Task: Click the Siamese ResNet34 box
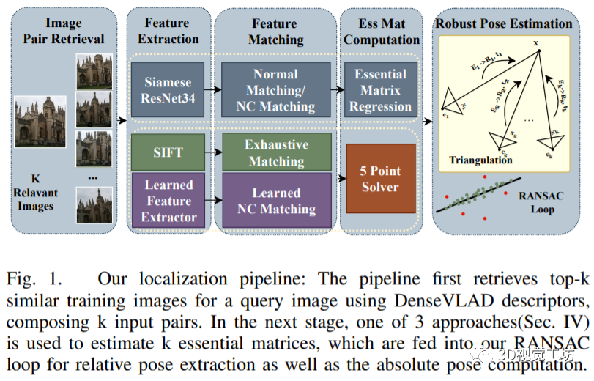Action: pos(168,90)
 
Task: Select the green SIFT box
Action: pos(168,152)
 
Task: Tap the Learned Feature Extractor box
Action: pos(168,200)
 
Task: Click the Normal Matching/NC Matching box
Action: pos(275,90)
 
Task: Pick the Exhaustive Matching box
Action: pos(275,152)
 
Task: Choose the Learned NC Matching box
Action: pos(275,200)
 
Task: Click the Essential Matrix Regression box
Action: pos(381,90)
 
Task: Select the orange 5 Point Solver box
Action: pos(380,178)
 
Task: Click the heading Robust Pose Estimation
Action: pos(504,23)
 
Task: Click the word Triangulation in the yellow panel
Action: pos(481,160)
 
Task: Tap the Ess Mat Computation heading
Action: pos(382,32)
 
